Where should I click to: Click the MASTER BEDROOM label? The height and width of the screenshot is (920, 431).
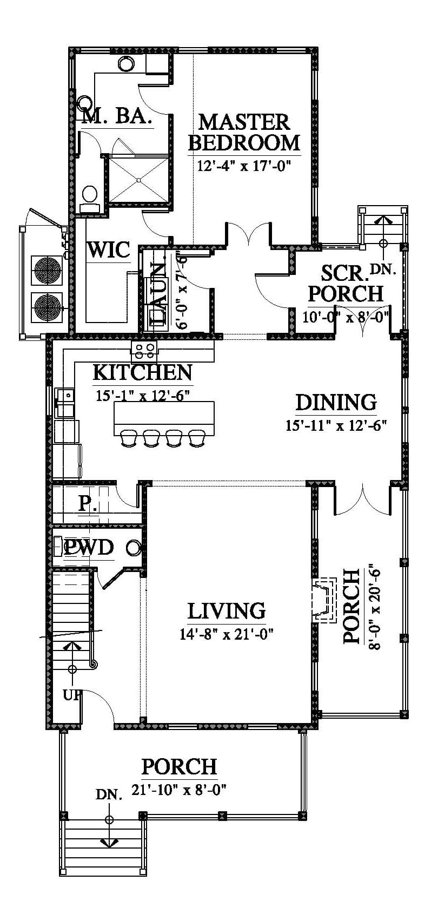click(244, 132)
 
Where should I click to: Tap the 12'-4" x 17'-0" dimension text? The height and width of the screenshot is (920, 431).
click(244, 166)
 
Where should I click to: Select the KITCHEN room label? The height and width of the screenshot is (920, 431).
click(142, 372)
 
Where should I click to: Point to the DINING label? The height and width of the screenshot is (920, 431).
click(336, 403)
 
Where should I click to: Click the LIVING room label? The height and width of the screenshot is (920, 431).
click(227, 611)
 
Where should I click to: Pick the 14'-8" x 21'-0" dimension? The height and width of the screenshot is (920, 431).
click(227, 635)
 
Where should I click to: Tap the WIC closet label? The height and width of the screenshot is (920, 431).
click(109, 249)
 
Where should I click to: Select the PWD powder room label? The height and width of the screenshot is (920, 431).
click(89, 547)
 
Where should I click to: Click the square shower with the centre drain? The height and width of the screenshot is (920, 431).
click(139, 180)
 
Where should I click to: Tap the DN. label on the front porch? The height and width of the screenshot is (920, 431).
click(109, 794)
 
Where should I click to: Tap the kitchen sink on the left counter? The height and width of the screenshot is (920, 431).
click(65, 396)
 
